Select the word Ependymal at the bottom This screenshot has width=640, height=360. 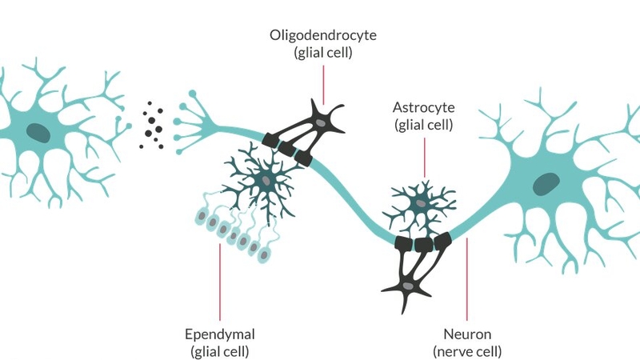[218, 334]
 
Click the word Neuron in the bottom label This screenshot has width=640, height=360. [468, 334]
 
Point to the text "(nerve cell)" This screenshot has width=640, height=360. [468, 350]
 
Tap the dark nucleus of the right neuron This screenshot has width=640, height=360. [547, 183]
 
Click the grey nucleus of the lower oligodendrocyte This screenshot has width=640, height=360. [410, 286]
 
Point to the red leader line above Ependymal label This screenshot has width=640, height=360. [218, 280]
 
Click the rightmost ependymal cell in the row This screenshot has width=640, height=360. [264, 254]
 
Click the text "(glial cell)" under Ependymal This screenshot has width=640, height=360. [218, 350]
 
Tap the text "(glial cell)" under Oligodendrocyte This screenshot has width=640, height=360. [322, 54]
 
